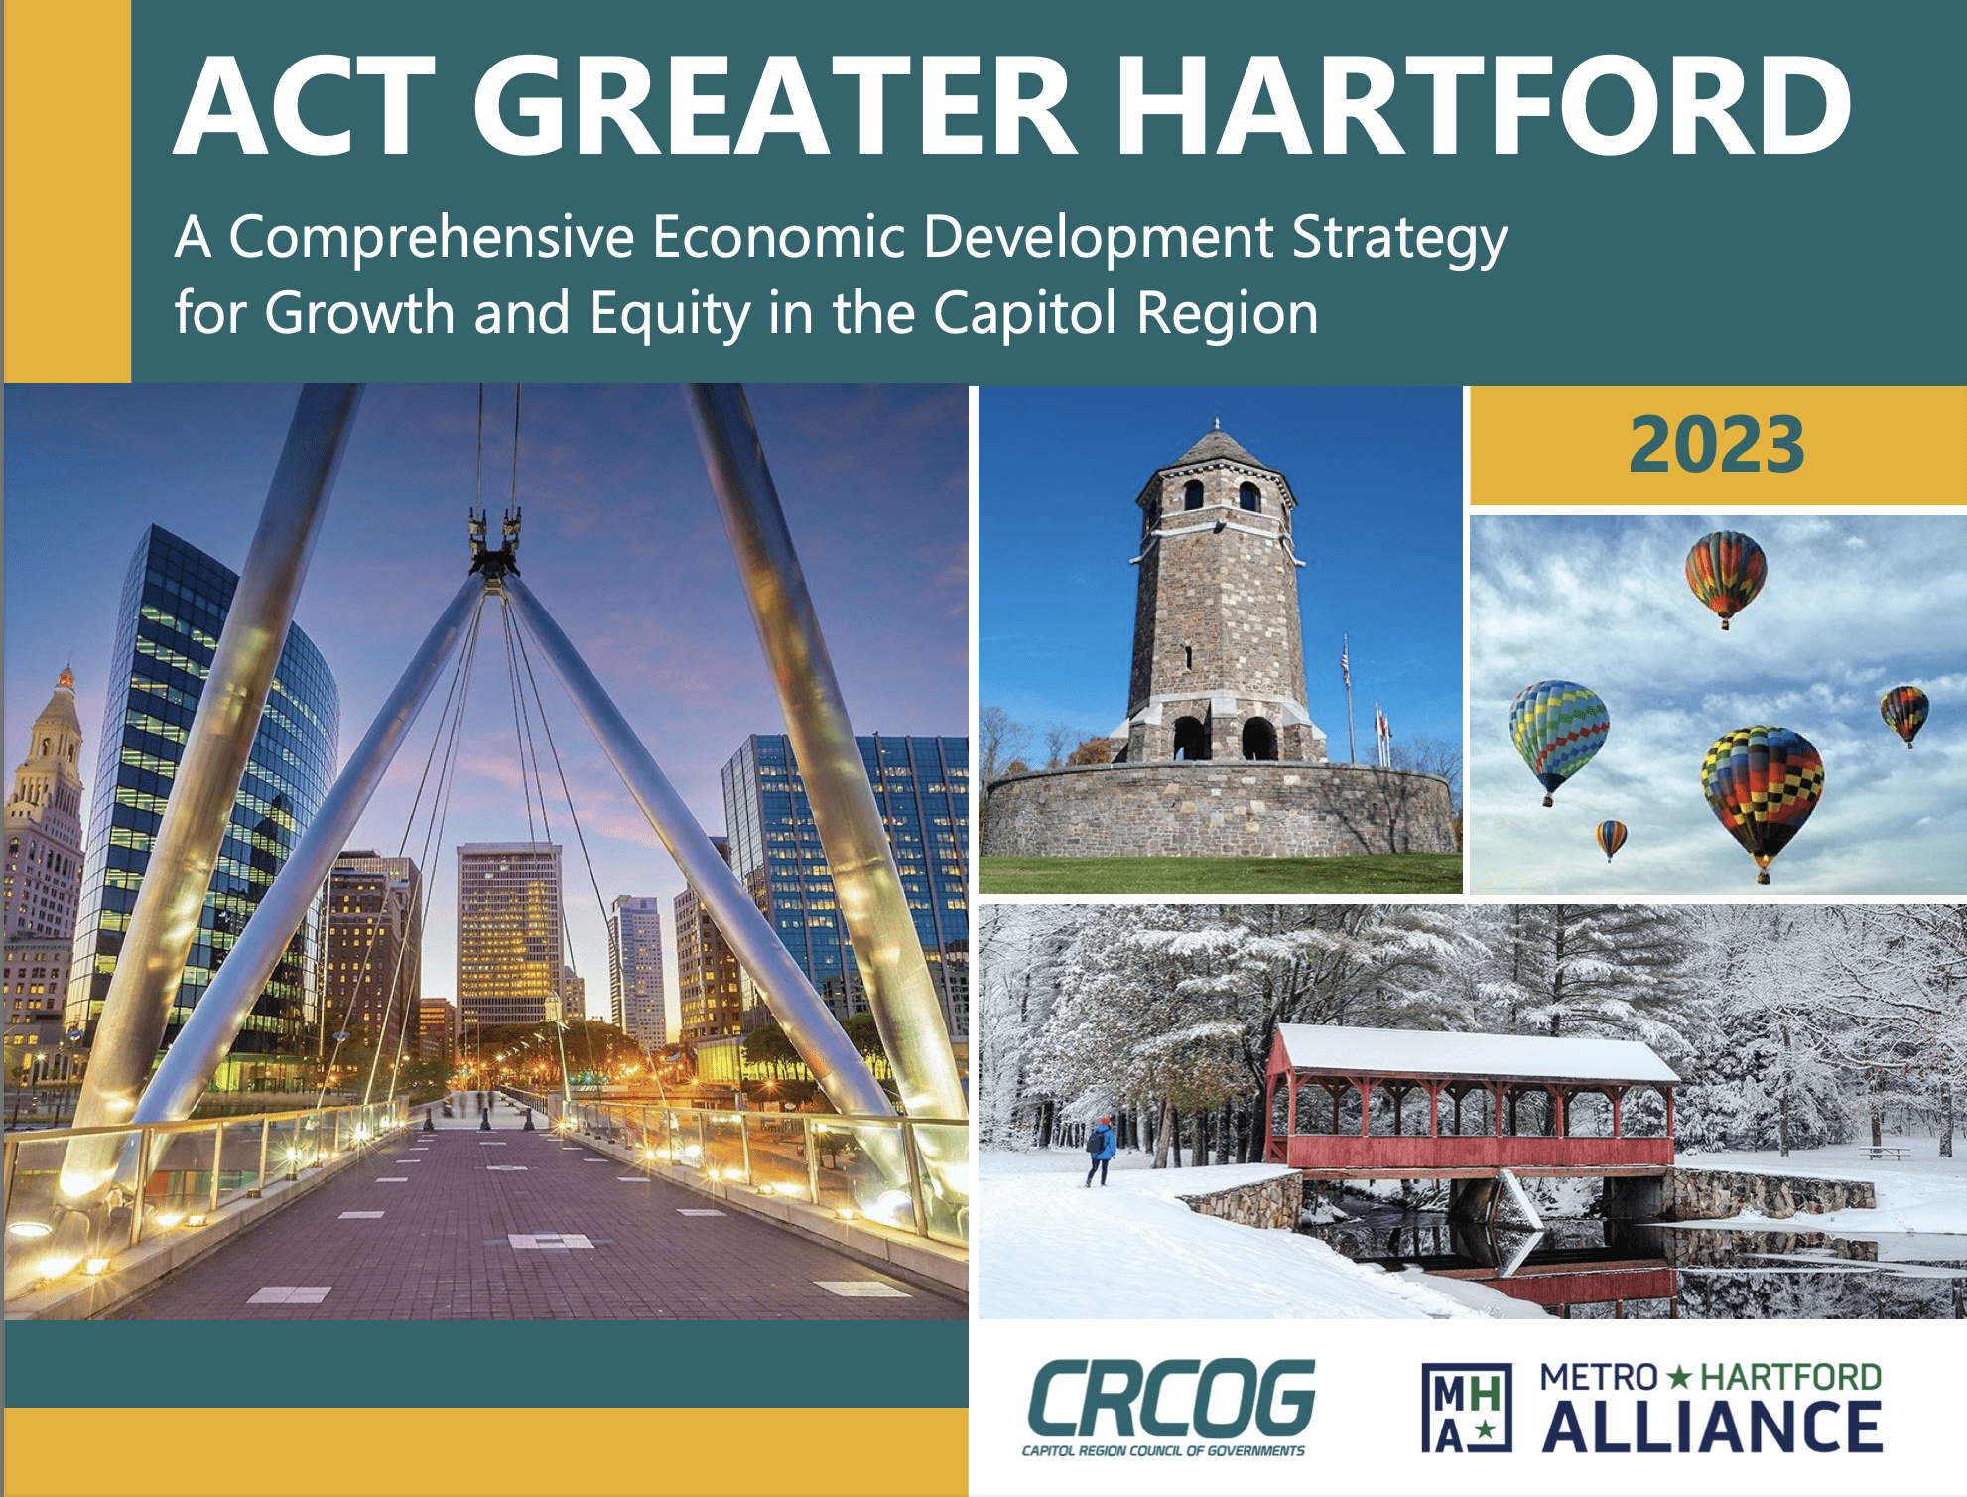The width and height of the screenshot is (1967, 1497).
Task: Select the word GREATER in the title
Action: pos(774,106)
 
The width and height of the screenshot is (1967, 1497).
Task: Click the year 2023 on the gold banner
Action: pos(1717,445)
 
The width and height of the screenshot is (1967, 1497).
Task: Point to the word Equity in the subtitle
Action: pos(670,314)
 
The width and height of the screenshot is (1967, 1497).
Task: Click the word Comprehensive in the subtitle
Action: pos(432,238)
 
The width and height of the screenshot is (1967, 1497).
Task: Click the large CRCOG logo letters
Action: pos(1171,1398)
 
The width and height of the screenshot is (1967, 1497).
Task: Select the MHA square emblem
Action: pos(1467,1408)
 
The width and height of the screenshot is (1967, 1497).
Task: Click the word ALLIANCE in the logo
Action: pos(1712,1427)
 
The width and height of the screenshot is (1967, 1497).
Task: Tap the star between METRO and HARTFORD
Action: pos(1678,1377)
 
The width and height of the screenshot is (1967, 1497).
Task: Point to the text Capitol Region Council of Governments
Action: pos(1163,1451)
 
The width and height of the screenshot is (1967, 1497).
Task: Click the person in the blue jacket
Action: pos(1100,1152)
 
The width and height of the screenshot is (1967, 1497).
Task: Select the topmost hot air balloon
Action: pos(1726,579)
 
